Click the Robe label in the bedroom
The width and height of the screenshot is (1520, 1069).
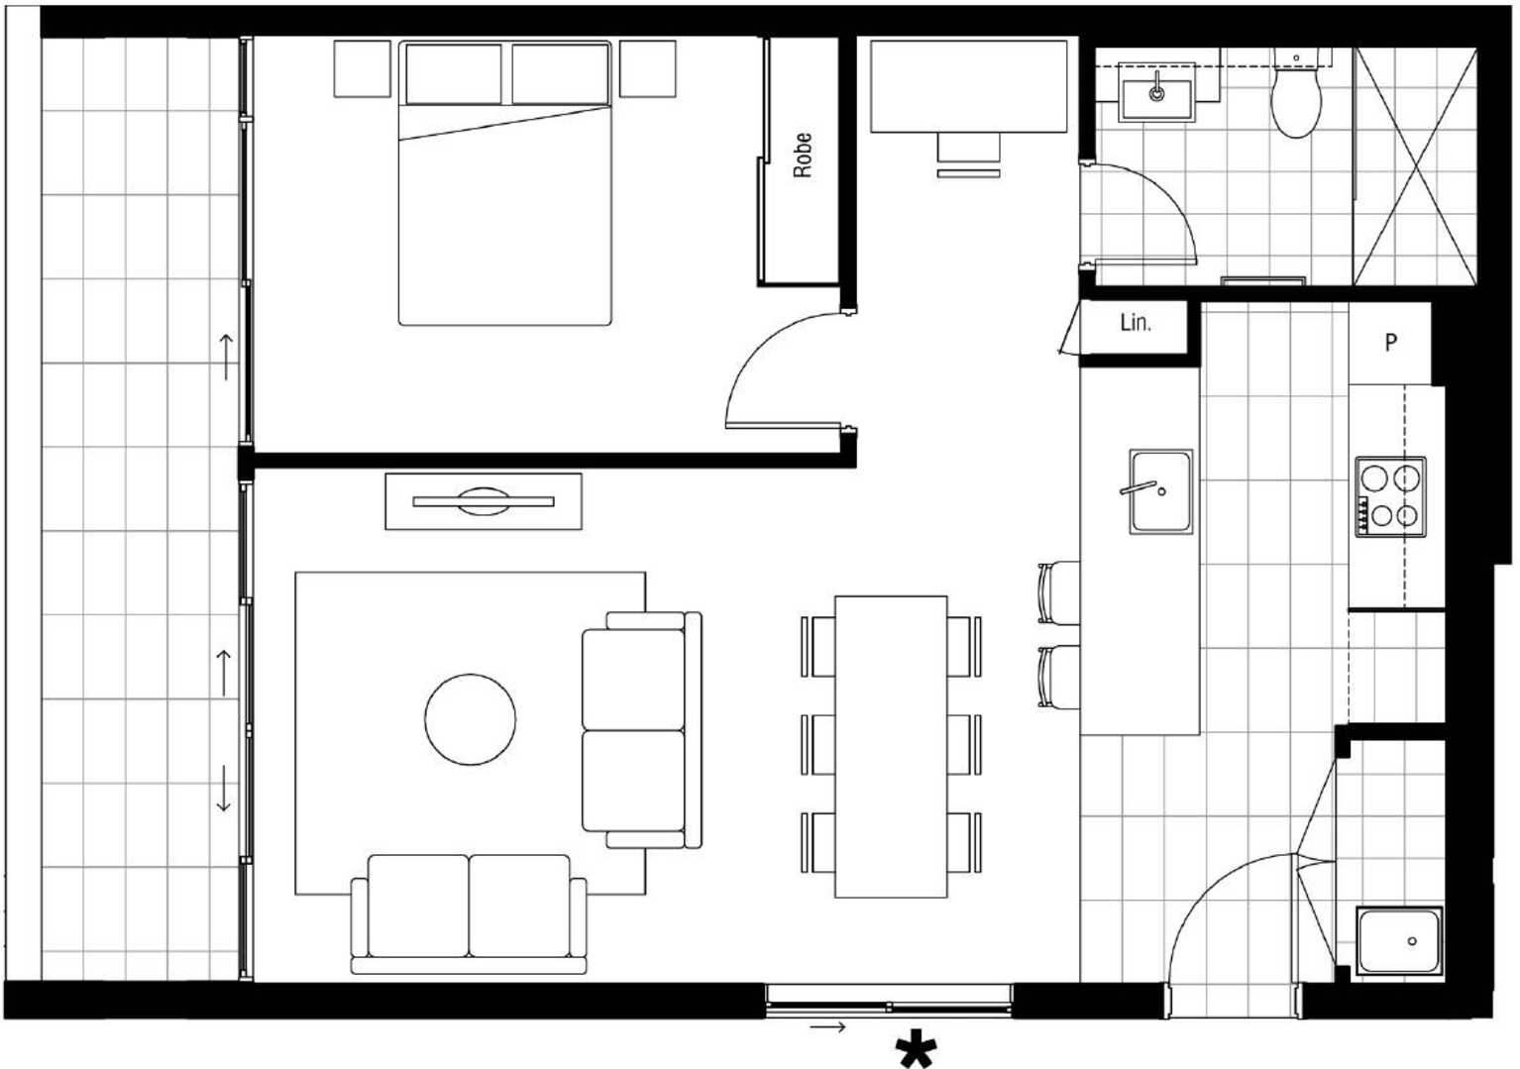point(803,156)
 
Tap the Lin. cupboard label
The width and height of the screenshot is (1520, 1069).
point(1136,323)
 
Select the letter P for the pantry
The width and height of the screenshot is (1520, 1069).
point(1390,343)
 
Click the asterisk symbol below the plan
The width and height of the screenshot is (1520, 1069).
point(917,1048)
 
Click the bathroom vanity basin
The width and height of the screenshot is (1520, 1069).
point(1157,99)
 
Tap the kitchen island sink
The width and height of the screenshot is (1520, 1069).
point(1161,491)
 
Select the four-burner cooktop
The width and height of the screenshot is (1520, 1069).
point(1390,497)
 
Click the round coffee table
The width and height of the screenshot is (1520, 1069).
point(471,719)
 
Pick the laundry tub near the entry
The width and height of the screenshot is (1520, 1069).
point(1400,941)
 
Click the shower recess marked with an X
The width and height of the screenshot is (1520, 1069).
point(1416,166)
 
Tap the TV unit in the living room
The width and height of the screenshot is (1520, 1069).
point(484,501)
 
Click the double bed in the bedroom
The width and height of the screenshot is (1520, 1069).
point(505,183)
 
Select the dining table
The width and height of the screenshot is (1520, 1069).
point(891,747)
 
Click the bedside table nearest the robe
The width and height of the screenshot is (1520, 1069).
point(647,68)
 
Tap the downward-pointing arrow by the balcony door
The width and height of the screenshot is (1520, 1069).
point(223,789)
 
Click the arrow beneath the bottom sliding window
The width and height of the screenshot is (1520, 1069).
point(827,1027)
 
